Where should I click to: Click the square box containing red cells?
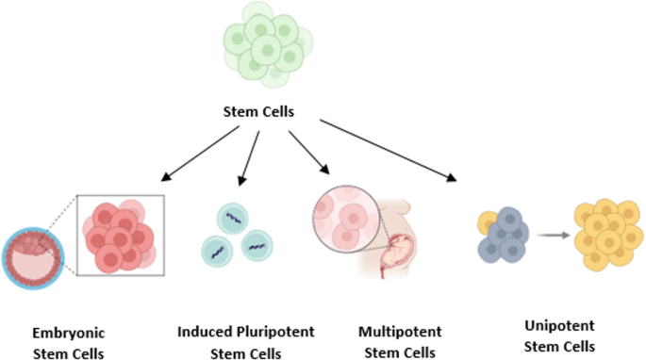point(121,235)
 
